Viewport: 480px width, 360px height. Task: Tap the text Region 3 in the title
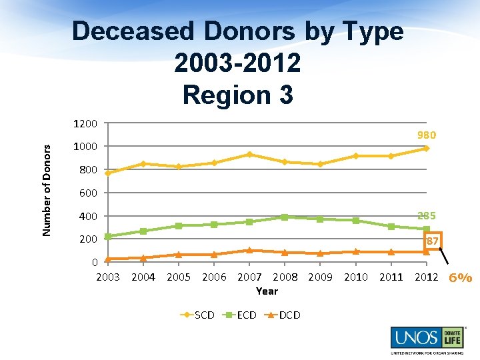click(x=237, y=94)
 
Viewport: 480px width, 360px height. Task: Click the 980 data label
click(x=427, y=135)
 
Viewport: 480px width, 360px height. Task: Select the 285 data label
click(x=427, y=215)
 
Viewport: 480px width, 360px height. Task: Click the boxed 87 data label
click(x=432, y=241)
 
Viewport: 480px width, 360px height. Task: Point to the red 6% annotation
click(x=460, y=278)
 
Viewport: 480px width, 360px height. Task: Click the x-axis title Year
click(x=267, y=291)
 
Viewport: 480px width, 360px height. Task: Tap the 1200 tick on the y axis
click(x=87, y=123)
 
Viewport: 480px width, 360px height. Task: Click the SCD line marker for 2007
click(x=249, y=154)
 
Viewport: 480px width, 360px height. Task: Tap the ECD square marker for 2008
click(x=285, y=217)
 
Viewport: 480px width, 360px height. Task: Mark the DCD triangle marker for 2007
click(x=249, y=250)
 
